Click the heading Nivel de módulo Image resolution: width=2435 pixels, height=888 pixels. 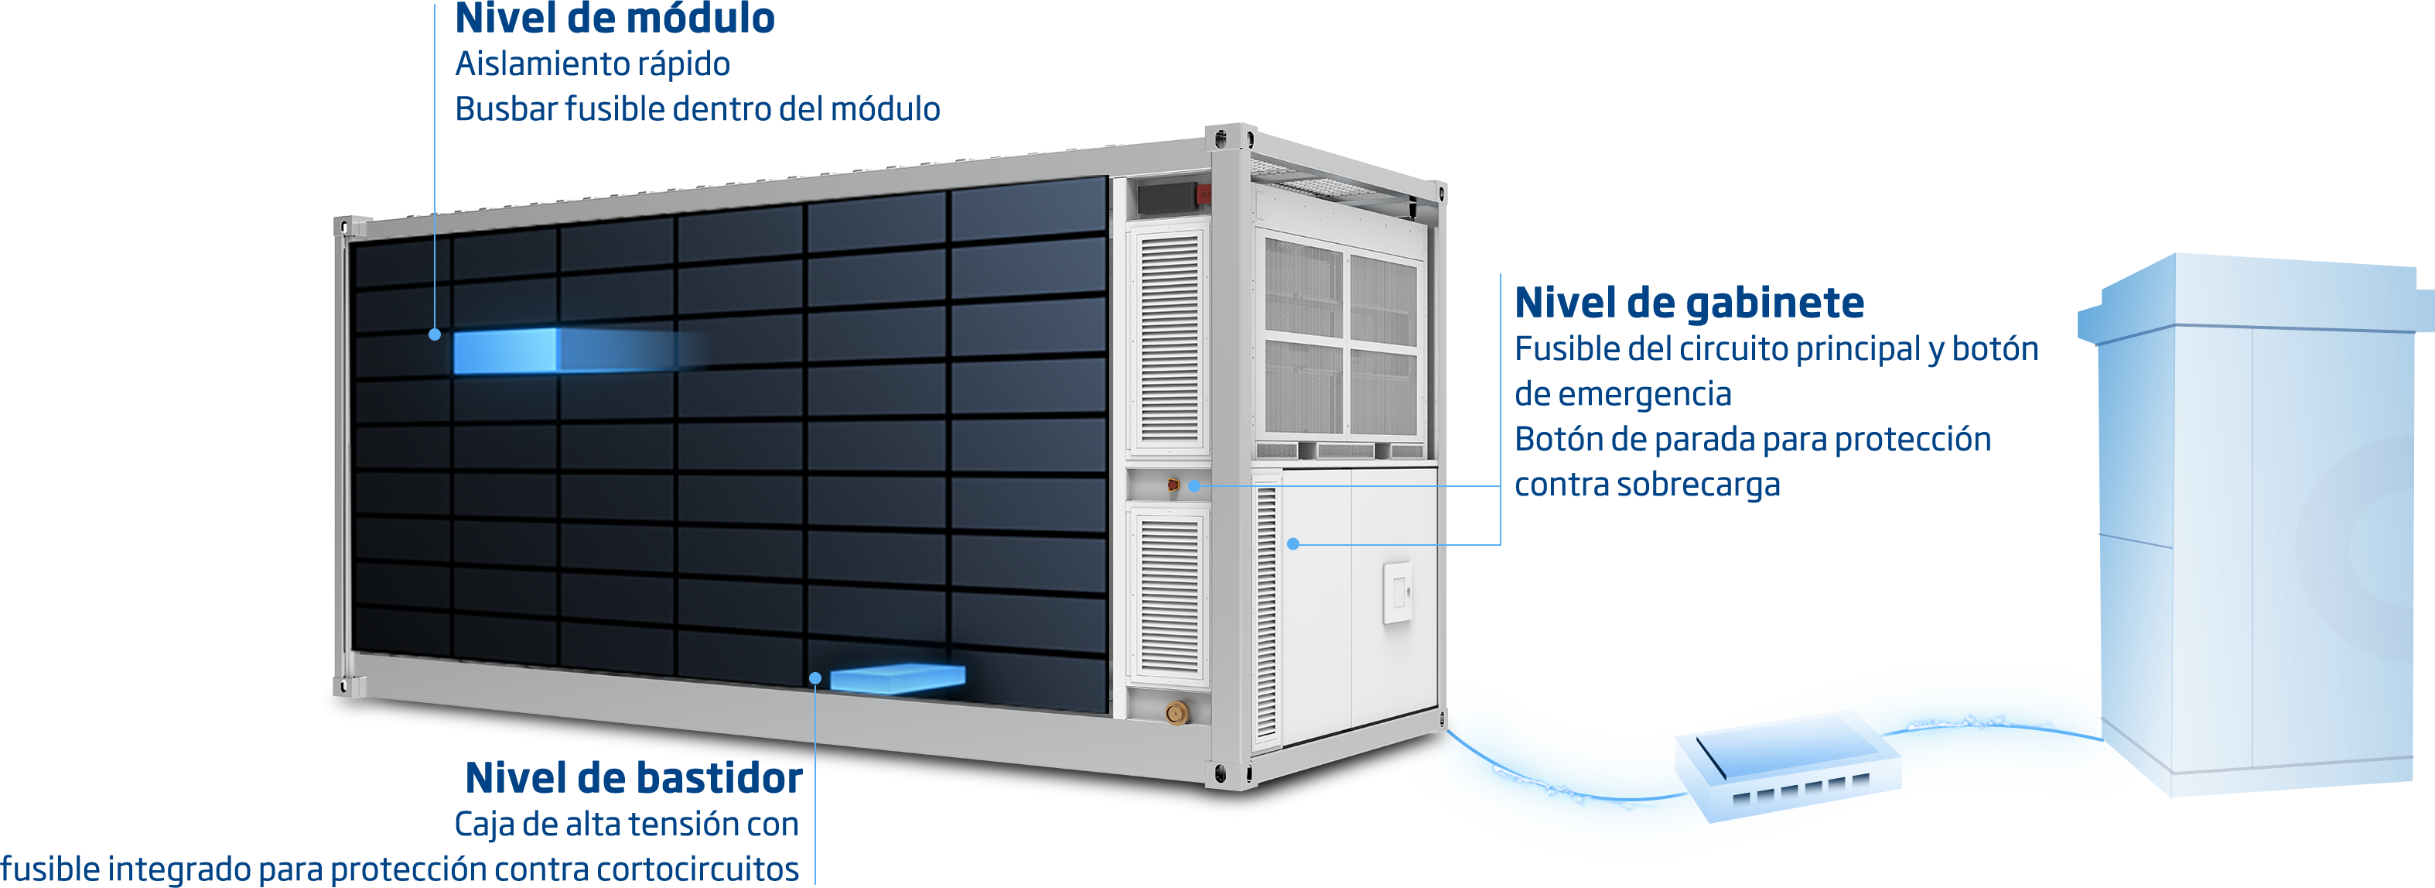click(x=614, y=19)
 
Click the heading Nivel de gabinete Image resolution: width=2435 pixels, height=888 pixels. click(x=1689, y=303)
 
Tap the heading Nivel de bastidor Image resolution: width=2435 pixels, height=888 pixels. click(x=633, y=778)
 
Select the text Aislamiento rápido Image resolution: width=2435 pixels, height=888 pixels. click(x=592, y=64)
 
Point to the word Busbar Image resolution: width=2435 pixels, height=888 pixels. click(x=506, y=110)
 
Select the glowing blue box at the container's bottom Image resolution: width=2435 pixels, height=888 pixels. click(x=897, y=679)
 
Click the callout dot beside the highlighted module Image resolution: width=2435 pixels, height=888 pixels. click(x=435, y=334)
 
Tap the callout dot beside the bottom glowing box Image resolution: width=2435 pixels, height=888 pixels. click(x=815, y=678)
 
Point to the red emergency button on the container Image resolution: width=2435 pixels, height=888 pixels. click(x=1173, y=485)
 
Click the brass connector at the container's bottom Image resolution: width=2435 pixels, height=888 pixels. click(x=1177, y=712)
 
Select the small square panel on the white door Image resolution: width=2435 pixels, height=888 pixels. click(x=1397, y=593)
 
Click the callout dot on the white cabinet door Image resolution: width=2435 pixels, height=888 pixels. click(x=1293, y=543)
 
